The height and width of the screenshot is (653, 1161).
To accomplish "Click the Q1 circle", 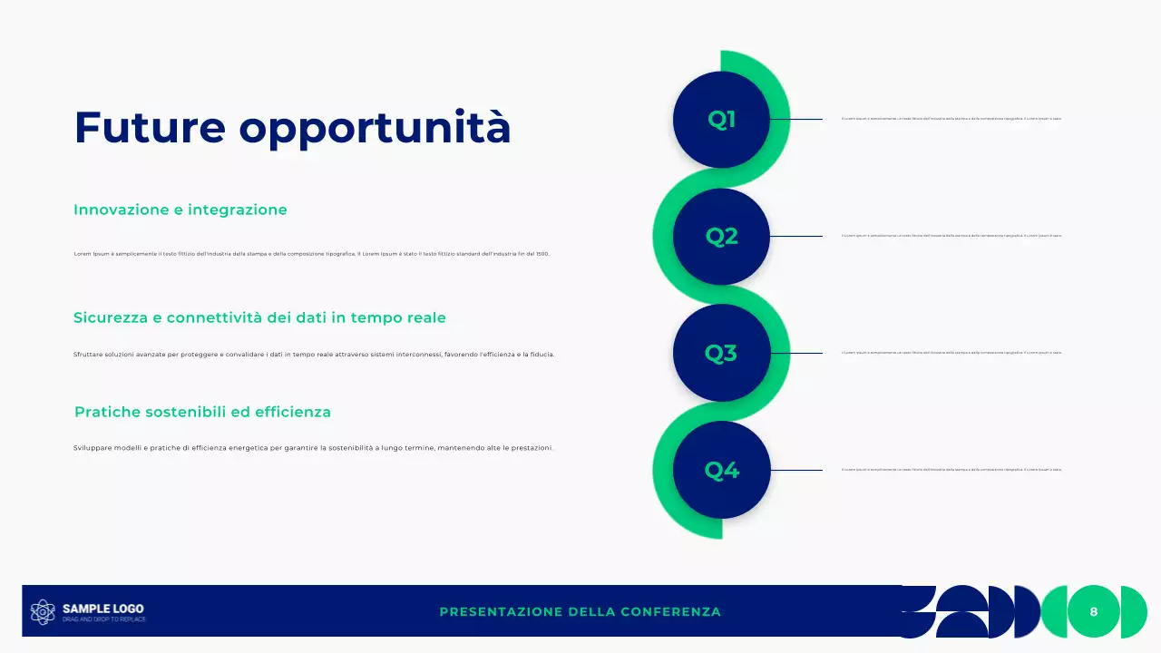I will [721, 120].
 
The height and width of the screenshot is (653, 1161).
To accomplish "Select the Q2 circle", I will [721, 237].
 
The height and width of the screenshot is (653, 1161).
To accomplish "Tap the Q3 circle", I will [721, 353].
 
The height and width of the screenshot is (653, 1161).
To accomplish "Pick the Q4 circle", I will [721, 470].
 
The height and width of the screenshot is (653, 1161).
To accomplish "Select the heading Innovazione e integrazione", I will [180, 210].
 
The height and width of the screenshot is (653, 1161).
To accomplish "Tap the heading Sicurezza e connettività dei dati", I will [259, 317].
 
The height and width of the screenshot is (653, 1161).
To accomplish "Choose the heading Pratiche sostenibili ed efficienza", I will [202, 412].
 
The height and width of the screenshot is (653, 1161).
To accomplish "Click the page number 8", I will [1093, 612].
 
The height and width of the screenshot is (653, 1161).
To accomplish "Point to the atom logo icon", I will [43, 612].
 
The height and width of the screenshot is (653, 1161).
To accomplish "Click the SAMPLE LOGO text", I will [102, 609].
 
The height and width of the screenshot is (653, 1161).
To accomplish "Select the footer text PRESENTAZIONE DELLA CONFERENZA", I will [580, 612].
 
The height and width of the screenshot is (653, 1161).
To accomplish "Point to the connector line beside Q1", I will [795, 119].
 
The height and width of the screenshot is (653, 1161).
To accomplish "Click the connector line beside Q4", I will [795, 470].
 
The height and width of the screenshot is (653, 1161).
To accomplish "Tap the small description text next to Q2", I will [951, 236].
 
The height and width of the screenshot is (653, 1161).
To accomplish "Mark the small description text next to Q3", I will [951, 353].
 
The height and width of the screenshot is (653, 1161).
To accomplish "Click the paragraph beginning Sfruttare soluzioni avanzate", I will [314, 355].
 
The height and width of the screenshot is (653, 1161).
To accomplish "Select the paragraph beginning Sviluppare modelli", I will [313, 448].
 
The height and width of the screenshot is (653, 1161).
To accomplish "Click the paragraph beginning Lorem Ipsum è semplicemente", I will [311, 254].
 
